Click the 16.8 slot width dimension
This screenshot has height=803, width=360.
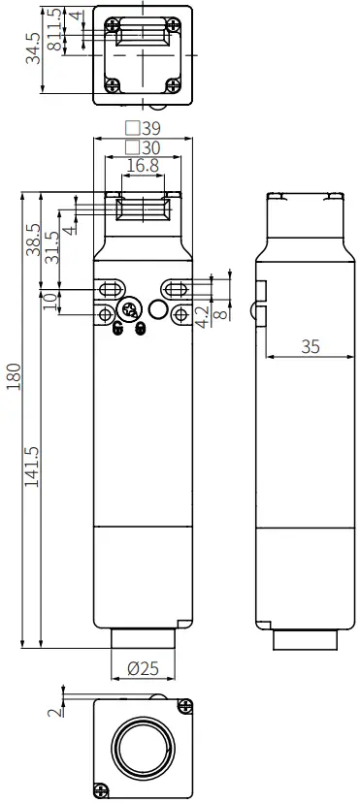click(x=143, y=166)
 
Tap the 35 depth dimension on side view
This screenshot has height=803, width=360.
click(x=310, y=346)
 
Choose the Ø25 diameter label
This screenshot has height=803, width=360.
click(x=144, y=667)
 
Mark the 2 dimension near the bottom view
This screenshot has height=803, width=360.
click(x=54, y=709)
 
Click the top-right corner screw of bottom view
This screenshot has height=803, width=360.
click(x=181, y=709)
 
